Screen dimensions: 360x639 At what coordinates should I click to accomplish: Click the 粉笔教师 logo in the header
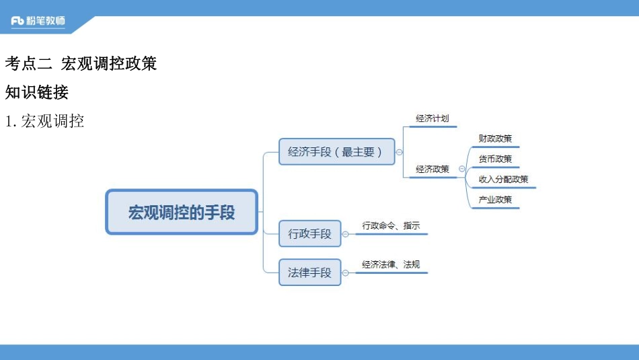[39, 22]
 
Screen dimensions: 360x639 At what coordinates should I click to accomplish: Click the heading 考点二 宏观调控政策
[81, 64]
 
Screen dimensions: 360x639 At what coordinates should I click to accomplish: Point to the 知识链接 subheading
[36, 92]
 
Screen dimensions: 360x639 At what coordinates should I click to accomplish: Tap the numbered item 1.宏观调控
[44, 122]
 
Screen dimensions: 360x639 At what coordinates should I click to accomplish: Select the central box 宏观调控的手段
[182, 212]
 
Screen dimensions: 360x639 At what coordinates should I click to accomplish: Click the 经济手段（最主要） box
[336, 151]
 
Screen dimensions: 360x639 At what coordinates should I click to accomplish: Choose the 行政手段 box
[309, 234]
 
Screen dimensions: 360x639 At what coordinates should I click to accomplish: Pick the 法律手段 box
[309, 273]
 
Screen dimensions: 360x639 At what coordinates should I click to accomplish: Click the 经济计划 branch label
[432, 118]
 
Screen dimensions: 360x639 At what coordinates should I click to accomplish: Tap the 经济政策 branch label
[432, 169]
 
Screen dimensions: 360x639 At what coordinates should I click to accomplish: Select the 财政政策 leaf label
[495, 139]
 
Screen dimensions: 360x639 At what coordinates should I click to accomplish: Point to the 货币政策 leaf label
[495, 159]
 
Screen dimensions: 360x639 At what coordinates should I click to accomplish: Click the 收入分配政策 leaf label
[503, 179]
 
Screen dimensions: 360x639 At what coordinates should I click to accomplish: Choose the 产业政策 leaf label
[495, 199]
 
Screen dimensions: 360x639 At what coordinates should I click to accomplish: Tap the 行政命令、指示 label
[391, 226]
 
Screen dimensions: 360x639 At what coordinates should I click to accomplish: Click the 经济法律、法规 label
[391, 264]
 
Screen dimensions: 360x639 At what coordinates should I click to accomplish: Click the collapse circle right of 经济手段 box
[400, 152]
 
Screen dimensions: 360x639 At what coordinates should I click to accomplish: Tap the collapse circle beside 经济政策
[462, 169]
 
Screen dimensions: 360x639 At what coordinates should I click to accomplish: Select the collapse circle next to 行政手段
[346, 234]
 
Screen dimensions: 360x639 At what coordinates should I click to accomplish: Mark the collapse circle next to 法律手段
[346, 273]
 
